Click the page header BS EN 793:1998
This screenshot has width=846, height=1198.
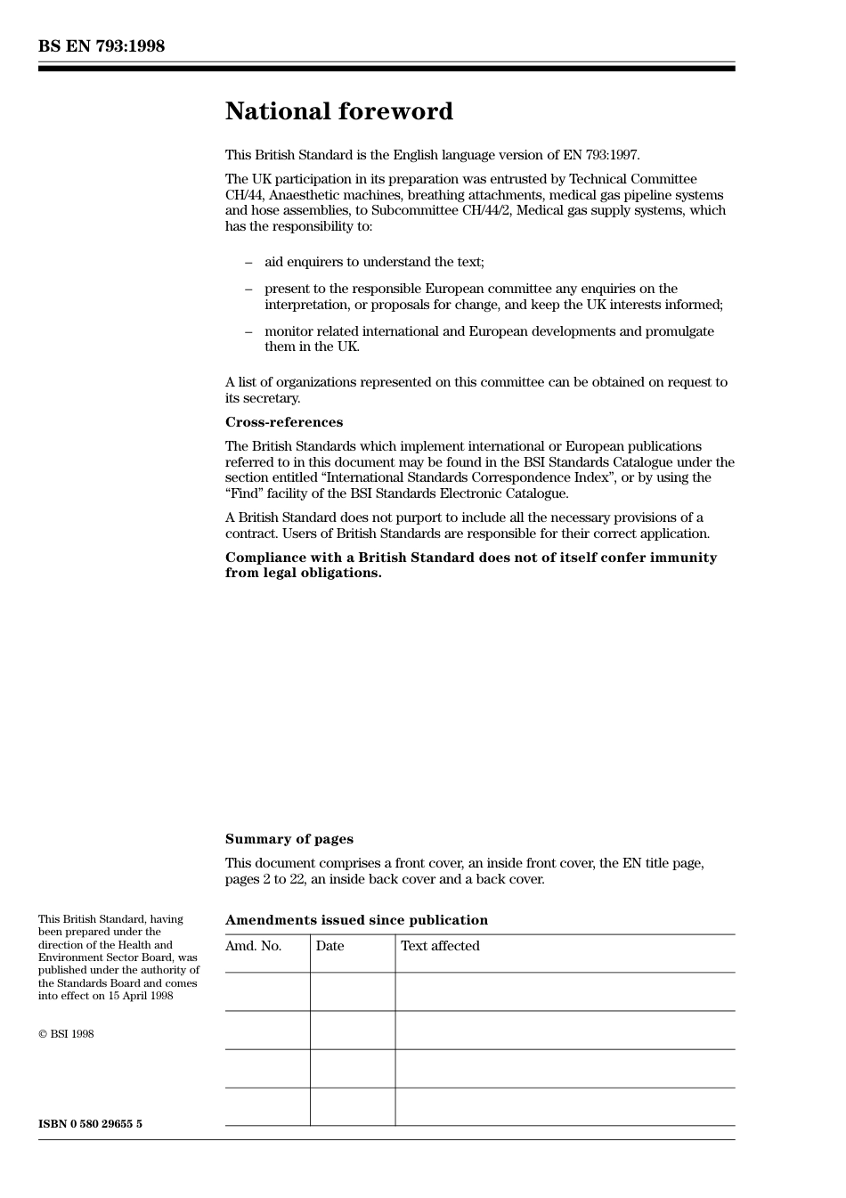[102, 46]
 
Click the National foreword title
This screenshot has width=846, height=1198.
[338, 111]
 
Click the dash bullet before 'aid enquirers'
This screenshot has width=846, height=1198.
[248, 263]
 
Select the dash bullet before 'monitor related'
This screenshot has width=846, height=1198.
[248, 331]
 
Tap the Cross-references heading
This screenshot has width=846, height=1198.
[283, 422]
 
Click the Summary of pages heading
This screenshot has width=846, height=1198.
[289, 839]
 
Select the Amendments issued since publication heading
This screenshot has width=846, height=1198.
[356, 920]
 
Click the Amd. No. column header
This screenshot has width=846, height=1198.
[253, 946]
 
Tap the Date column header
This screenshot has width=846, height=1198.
[329, 946]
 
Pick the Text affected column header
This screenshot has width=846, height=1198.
[440, 946]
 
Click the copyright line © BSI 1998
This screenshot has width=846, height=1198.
[66, 1034]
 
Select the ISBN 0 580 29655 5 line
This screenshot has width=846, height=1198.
[90, 1124]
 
